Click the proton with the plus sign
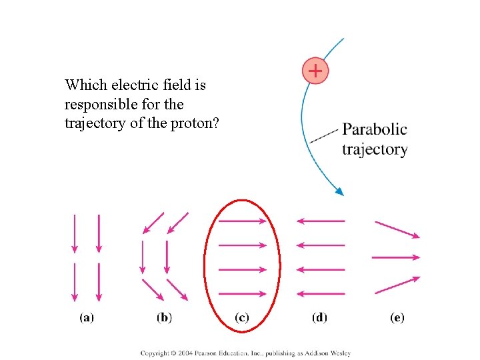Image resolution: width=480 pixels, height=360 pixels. coord(315,70)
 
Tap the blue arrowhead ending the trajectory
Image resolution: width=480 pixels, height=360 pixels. coord(339,191)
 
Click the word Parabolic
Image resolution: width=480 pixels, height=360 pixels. coord(374,129)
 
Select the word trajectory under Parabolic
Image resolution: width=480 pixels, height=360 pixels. coord(374,149)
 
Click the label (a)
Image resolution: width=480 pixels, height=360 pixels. coord(87,318)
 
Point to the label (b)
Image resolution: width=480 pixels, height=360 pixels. coord(165,318)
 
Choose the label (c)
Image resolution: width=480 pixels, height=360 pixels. coord(242,318)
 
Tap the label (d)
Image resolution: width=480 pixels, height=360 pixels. coord(319,318)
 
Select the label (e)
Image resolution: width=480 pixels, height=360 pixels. coord(397,318)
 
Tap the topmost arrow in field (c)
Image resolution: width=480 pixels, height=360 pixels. coord(243,221)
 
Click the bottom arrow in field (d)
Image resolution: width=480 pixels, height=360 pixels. coord(320,293)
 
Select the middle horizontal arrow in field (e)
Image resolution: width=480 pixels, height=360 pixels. coord(396,257)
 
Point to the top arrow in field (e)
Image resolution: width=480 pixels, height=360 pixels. coord(397,229)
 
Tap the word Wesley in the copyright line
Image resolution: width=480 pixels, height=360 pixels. coord(339,353)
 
